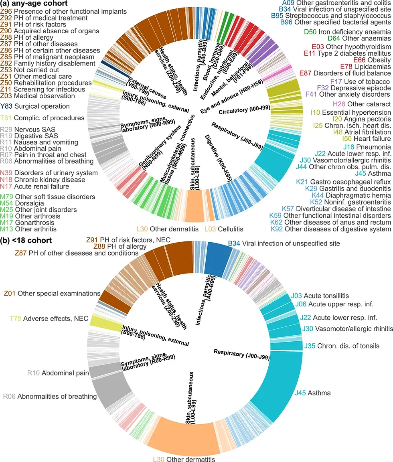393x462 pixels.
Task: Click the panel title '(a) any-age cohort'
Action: (x=34, y=4)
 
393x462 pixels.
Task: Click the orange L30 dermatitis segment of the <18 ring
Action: (x=184, y=437)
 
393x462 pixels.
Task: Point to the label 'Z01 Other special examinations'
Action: (x=52, y=293)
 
